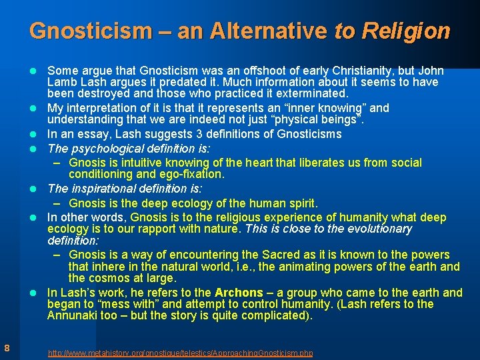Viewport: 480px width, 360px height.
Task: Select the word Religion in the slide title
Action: point(406,31)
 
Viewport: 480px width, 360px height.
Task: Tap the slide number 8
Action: point(6,347)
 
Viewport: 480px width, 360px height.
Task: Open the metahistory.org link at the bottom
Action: point(180,353)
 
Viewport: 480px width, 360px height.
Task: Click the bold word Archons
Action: point(239,293)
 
